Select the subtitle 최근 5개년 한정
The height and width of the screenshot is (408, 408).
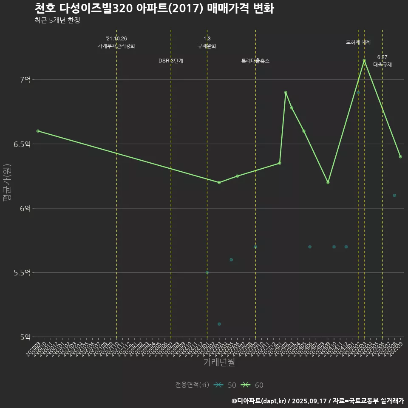click(57, 20)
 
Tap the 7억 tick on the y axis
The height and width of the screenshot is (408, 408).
click(25, 80)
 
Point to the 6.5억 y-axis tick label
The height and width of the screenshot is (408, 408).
click(22, 144)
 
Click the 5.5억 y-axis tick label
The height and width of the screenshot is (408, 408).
click(22, 273)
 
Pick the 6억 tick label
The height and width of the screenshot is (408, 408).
click(25, 209)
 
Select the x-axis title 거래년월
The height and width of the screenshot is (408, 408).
click(219, 363)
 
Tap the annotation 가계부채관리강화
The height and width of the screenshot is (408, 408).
click(116, 46)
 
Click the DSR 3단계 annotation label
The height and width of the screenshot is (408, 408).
click(171, 61)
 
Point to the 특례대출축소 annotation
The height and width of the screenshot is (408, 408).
click(255, 61)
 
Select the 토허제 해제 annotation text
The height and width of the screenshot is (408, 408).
click(358, 42)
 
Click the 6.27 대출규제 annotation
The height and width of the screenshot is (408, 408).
click(382, 61)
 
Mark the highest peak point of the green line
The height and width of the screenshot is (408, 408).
click(364, 60)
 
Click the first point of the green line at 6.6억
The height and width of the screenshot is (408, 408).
click(38, 131)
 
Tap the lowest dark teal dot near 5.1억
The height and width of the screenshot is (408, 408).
click(219, 324)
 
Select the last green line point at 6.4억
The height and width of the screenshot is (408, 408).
click(400, 157)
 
